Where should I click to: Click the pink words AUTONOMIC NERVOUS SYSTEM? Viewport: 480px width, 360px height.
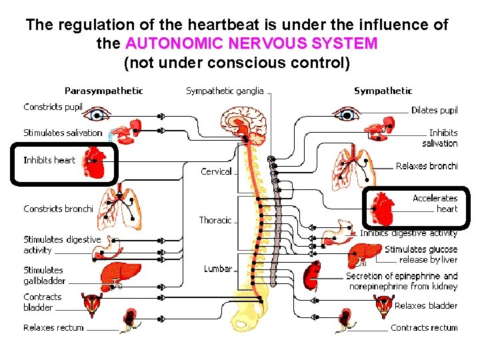(251, 43)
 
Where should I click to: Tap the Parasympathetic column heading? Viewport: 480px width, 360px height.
(104, 91)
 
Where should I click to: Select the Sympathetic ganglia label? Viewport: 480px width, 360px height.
(225, 91)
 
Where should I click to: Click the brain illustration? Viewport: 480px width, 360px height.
(244, 125)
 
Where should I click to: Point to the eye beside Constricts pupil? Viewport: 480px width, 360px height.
(97, 114)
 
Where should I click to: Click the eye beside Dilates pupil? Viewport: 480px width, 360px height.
(347, 114)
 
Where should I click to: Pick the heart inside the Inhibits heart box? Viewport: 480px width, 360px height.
(94, 163)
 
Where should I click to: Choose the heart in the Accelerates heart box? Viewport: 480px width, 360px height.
(383, 209)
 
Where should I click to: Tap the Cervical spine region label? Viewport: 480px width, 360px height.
(216, 171)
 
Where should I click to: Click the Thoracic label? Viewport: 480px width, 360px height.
(215, 220)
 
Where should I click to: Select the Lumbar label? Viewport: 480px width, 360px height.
(218, 269)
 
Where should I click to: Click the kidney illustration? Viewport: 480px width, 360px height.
(312, 275)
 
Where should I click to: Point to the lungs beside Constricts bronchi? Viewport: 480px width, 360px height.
(120, 208)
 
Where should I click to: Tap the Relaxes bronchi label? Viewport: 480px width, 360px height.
(427, 166)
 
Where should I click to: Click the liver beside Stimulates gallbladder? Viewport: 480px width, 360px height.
(120, 275)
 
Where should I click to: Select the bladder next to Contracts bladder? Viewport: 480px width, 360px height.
(91, 304)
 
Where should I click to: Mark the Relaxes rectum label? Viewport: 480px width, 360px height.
(53, 327)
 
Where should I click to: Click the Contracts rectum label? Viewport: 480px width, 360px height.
(424, 327)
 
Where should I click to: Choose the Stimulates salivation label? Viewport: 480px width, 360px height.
(63, 133)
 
